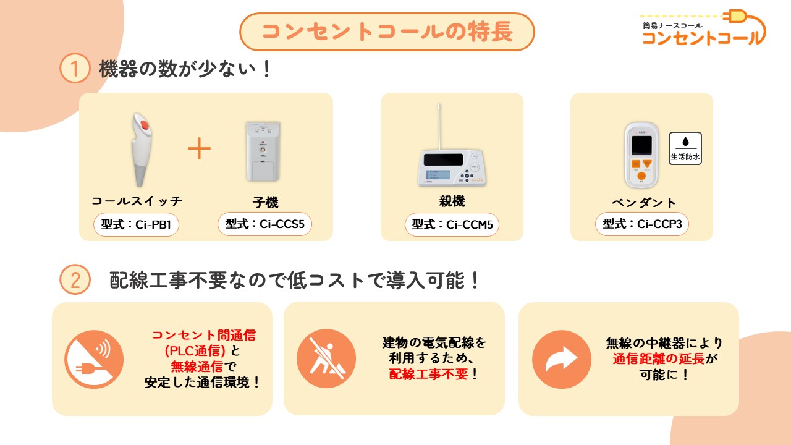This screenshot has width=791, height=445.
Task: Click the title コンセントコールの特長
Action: coord(387,32)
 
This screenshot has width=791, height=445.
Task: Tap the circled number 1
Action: coord(75,68)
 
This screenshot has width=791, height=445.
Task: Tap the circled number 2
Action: coord(75,280)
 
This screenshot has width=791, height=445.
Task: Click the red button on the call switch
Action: coord(145,125)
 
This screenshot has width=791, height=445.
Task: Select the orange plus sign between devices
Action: coord(199,148)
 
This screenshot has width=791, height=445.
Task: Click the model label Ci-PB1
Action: coord(136,224)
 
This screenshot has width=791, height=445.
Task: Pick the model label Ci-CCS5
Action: coord(264,224)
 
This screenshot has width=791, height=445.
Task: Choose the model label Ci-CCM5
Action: coord(452,224)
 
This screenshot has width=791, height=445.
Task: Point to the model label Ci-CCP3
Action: coord(641,224)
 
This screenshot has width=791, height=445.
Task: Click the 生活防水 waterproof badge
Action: coord(685,148)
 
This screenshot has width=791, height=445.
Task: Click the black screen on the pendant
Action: coord(641,145)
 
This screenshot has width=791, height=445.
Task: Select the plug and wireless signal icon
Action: coord(94,359)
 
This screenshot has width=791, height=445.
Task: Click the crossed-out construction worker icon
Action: coord(326,358)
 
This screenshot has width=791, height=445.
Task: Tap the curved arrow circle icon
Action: coord(562,359)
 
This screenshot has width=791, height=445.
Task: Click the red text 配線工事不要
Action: coord(428,374)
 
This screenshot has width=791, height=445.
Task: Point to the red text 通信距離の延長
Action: coord(659,359)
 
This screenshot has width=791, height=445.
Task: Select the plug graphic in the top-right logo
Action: coord(735,16)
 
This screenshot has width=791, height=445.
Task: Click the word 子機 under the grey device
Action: coord(265,202)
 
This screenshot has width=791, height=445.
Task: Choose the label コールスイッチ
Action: coord(137,201)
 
